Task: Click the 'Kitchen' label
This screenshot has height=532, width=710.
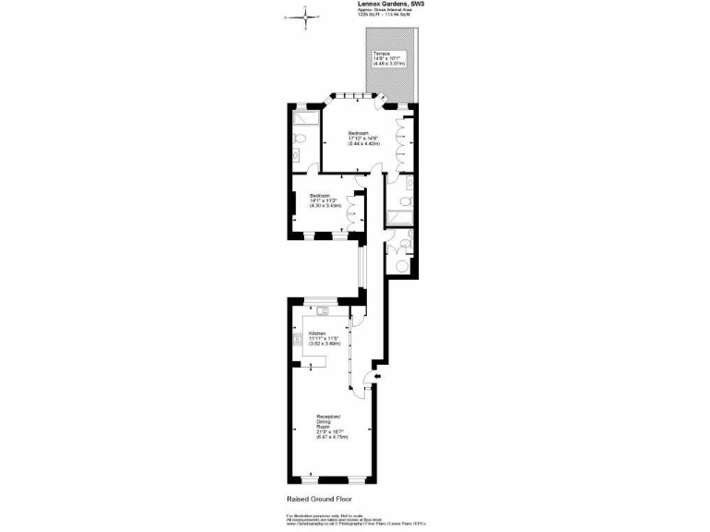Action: [317, 332]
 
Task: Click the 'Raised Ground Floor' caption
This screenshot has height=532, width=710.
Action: [320, 500]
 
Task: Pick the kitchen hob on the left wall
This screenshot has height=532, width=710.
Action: [300, 342]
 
